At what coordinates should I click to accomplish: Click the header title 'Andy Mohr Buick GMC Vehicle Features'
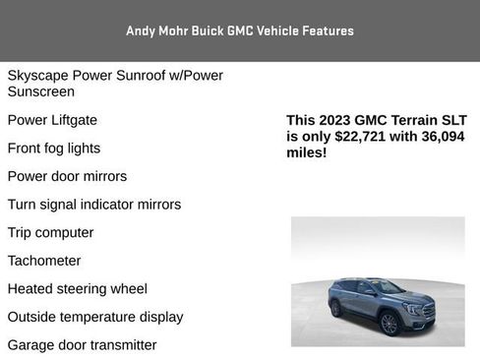pyautogui.click(x=239, y=30)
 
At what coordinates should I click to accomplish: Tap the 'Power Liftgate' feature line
pyautogui.click(x=52, y=120)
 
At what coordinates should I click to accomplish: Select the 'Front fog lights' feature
pyautogui.click(x=54, y=149)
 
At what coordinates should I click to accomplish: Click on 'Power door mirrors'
pyautogui.click(x=67, y=177)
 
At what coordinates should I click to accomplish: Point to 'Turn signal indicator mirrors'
pyautogui.click(x=94, y=205)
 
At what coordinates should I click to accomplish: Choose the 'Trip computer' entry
pyautogui.click(x=50, y=233)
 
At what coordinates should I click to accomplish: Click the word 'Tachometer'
pyautogui.click(x=44, y=261)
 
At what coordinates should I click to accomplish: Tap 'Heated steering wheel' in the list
pyautogui.click(x=78, y=289)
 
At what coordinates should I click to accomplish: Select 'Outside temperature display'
pyautogui.click(x=95, y=317)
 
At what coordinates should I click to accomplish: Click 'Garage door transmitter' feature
pyautogui.click(x=83, y=345)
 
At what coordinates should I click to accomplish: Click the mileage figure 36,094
pyautogui.click(x=438, y=137)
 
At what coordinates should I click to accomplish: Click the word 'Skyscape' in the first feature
pyautogui.click(x=38, y=76)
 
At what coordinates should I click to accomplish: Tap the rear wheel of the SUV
pyautogui.click(x=337, y=307)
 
